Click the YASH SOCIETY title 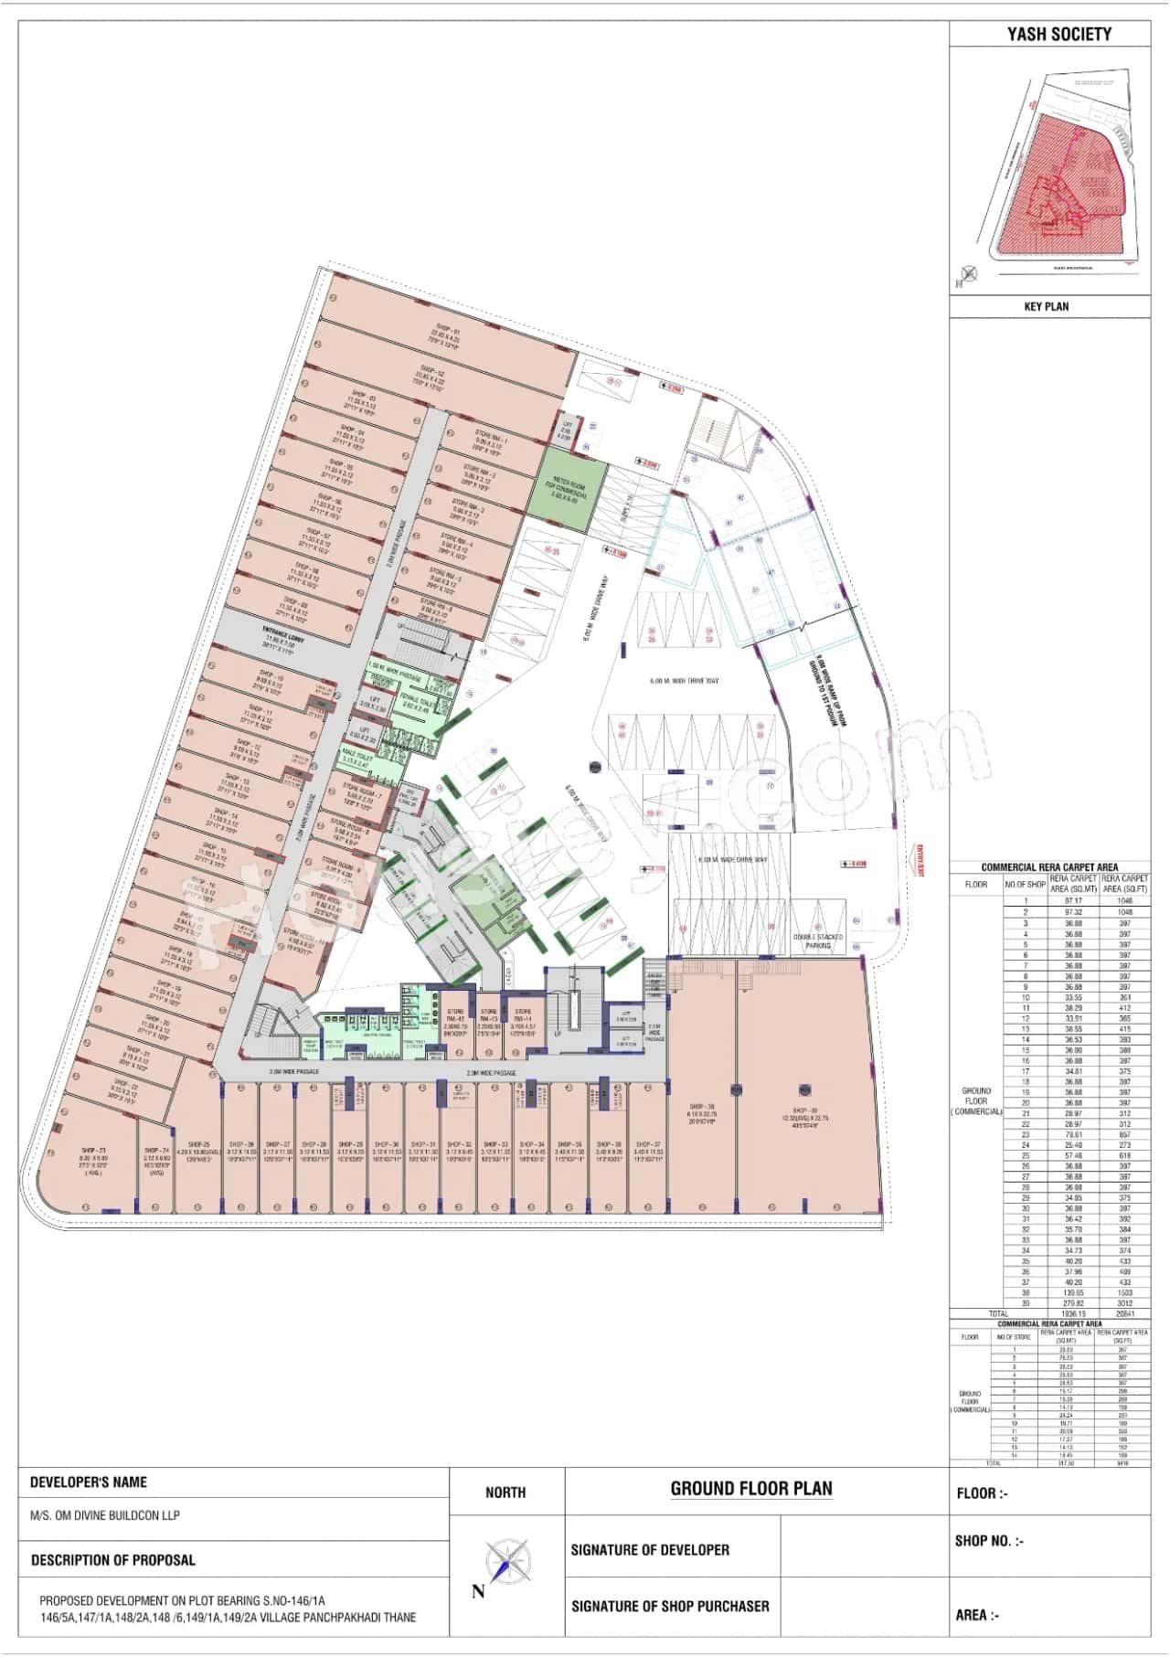pos(1058,35)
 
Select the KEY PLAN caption pos(1046,306)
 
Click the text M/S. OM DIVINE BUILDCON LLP pos(105,1514)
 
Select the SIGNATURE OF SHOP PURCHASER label pos(670,1606)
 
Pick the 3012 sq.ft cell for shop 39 pos(1124,1303)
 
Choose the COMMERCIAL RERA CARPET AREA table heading pos(1049,866)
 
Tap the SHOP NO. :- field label pos(989,1540)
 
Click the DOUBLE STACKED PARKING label pos(818,941)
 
